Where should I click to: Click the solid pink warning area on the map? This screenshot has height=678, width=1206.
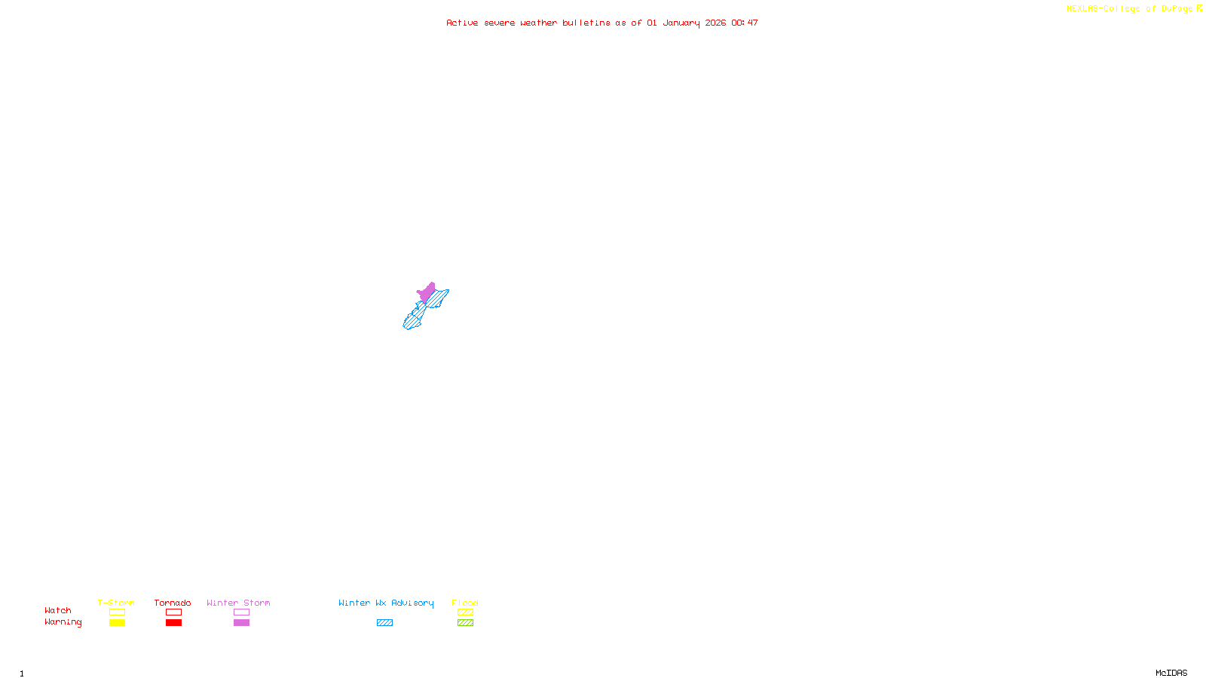427,292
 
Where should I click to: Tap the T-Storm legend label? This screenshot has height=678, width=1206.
116,603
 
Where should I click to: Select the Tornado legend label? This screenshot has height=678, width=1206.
173,603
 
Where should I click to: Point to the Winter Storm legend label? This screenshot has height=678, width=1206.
238,603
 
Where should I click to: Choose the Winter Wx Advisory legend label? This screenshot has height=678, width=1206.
386,603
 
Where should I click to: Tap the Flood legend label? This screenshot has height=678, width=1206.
465,603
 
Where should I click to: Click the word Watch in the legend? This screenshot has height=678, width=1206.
58,610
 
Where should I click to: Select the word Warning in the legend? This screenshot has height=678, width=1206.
63,622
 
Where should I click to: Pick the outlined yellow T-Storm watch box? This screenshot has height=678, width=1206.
117,612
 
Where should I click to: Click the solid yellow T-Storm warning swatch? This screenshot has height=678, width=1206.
117,623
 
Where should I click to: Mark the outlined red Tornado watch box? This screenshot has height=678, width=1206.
173,612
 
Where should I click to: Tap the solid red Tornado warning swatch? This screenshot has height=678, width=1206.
173,623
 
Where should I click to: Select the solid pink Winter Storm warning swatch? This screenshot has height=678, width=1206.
241,623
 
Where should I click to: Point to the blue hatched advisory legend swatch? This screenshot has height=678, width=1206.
384,623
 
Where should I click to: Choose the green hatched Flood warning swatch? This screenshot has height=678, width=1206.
465,623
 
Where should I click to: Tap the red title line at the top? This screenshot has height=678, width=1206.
602,23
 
